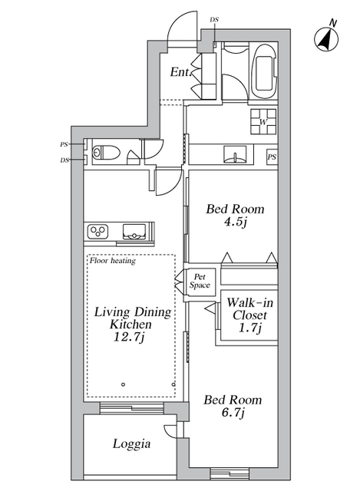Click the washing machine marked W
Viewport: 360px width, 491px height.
pos(263,121)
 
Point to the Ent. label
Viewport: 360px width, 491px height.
pos(180,73)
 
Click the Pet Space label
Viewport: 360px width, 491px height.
pos(201,281)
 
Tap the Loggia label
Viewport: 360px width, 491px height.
pos(131,443)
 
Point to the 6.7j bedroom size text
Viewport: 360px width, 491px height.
pos(232,415)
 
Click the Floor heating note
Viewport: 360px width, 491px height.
pos(112,261)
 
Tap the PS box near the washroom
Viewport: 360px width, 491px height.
pos(272,157)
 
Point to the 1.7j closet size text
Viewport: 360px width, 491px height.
pos(249,330)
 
